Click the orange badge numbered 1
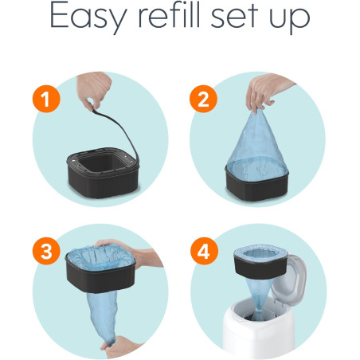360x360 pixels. click(x=46, y=99)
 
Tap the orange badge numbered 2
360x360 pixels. click(x=203, y=99)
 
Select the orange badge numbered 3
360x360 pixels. click(x=46, y=251)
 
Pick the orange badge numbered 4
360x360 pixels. click(x=204, y=251)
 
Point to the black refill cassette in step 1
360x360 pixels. click(x=103, y=173)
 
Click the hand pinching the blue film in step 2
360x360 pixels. click(x=265, y=92)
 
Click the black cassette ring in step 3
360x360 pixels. click(x=100, y=276)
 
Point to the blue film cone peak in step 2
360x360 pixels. click(x=256, y=113)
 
